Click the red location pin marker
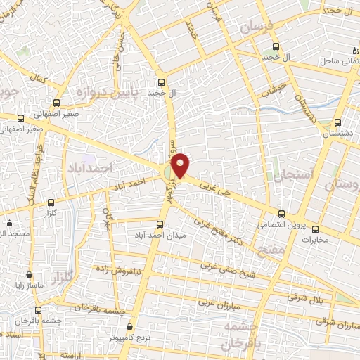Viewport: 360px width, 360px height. pyautogui.click(x=181, y=165)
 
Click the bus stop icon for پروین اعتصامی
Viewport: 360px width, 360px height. pyautogui.click(x=281, y=214)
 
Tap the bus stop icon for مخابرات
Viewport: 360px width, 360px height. pyautogui.click(x=314, y=229)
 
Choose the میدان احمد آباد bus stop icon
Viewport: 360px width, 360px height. pyautogui.click(x=160, y=225)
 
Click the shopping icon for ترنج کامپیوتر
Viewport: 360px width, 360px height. pyautogui.click(x=130, y=327)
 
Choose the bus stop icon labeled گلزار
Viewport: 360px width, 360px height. pyautogui.click(x=50, y=202)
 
